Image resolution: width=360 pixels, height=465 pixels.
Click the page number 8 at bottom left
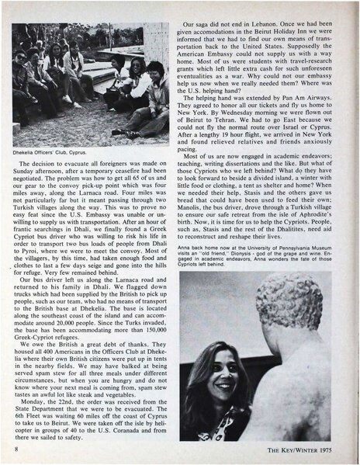pos(16,449)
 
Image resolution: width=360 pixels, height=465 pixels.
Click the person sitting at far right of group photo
pos(159,93)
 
